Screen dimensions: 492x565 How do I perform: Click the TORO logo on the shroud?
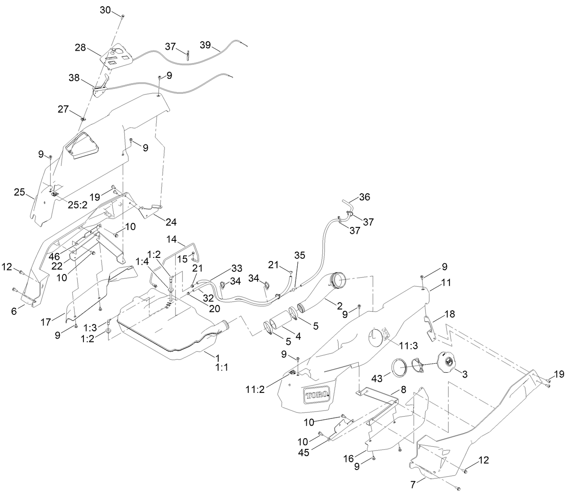[x=318, y=394]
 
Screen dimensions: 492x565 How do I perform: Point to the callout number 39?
[x=205, y=46]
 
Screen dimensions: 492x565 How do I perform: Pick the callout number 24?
[x=171, y=222]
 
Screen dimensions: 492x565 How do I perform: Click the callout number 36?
[x=365, y=197]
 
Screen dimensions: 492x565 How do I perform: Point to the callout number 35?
[x=300, y=255]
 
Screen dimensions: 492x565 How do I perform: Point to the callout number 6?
[x=15, y=311]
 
